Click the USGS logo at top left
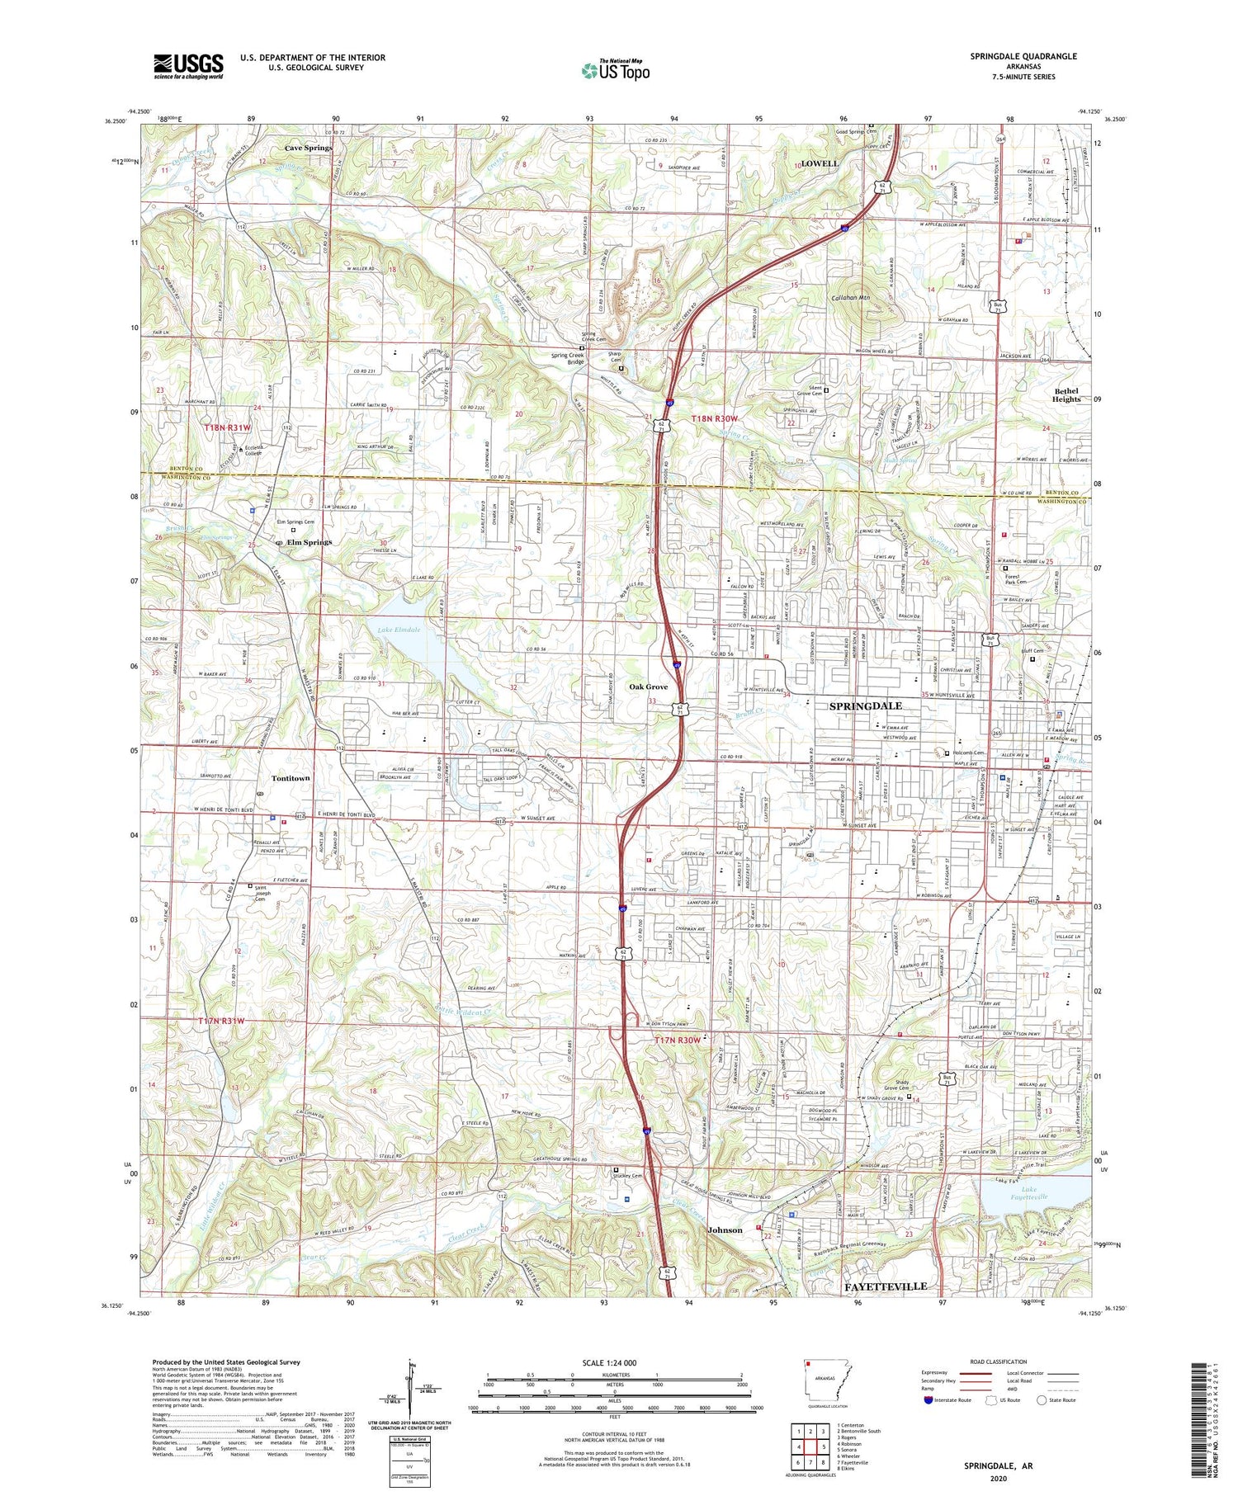(188, 66)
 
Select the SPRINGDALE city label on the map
(865, 706)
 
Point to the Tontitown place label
(291, 778)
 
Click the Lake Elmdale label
(399, 630)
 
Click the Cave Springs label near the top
(308, 148)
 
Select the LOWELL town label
(819, 163)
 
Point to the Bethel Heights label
(1066, 395)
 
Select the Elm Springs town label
(309, 542)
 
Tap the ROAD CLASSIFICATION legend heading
(999, 1362)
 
